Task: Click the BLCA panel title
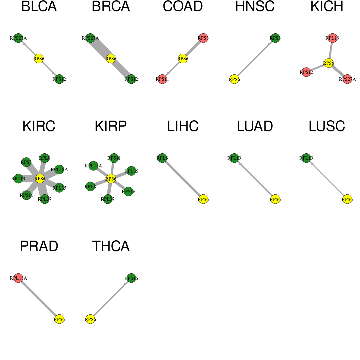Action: click(x=39, y=6)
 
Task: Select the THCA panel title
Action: click(x=111, y=246)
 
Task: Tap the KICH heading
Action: click(x=327, y=6)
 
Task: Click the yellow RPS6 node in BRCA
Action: click(x=111, y=58)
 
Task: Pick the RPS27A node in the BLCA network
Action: click(x=18, y=38)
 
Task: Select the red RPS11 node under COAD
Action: click(x=162, y=79)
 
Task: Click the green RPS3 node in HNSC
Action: click(x=275, y=38)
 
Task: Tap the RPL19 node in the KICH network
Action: click(x=332, y=38)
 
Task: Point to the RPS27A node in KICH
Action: click(x=347, y=79)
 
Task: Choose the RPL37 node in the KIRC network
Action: click(x=44, y=199)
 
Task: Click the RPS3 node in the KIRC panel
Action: click(x=26, y=162)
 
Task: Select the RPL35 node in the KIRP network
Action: click(x=131, y=171)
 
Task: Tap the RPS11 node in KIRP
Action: click(x=114, y=158)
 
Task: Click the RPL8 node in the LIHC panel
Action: click(x=162, y=158)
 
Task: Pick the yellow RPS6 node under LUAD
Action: click(x=275, y=199)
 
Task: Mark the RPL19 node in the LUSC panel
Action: click(x=306, y=158)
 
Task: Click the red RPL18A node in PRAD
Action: click(x=18, y=278)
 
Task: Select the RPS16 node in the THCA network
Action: click(x=131, y=278)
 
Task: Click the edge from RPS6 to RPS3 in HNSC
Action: click(x=255, y=59)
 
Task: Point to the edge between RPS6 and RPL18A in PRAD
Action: click(x=39, y=298)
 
